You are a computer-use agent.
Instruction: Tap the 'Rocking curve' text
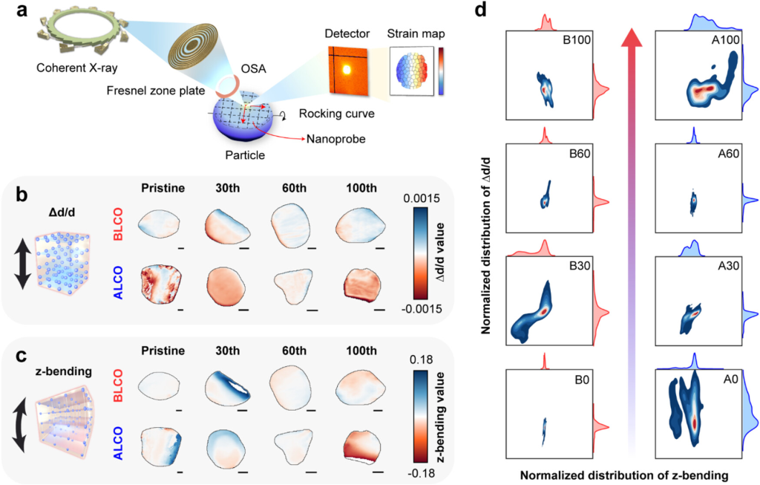[x=331, y=113]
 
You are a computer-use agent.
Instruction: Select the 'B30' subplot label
[x=576, y=263]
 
